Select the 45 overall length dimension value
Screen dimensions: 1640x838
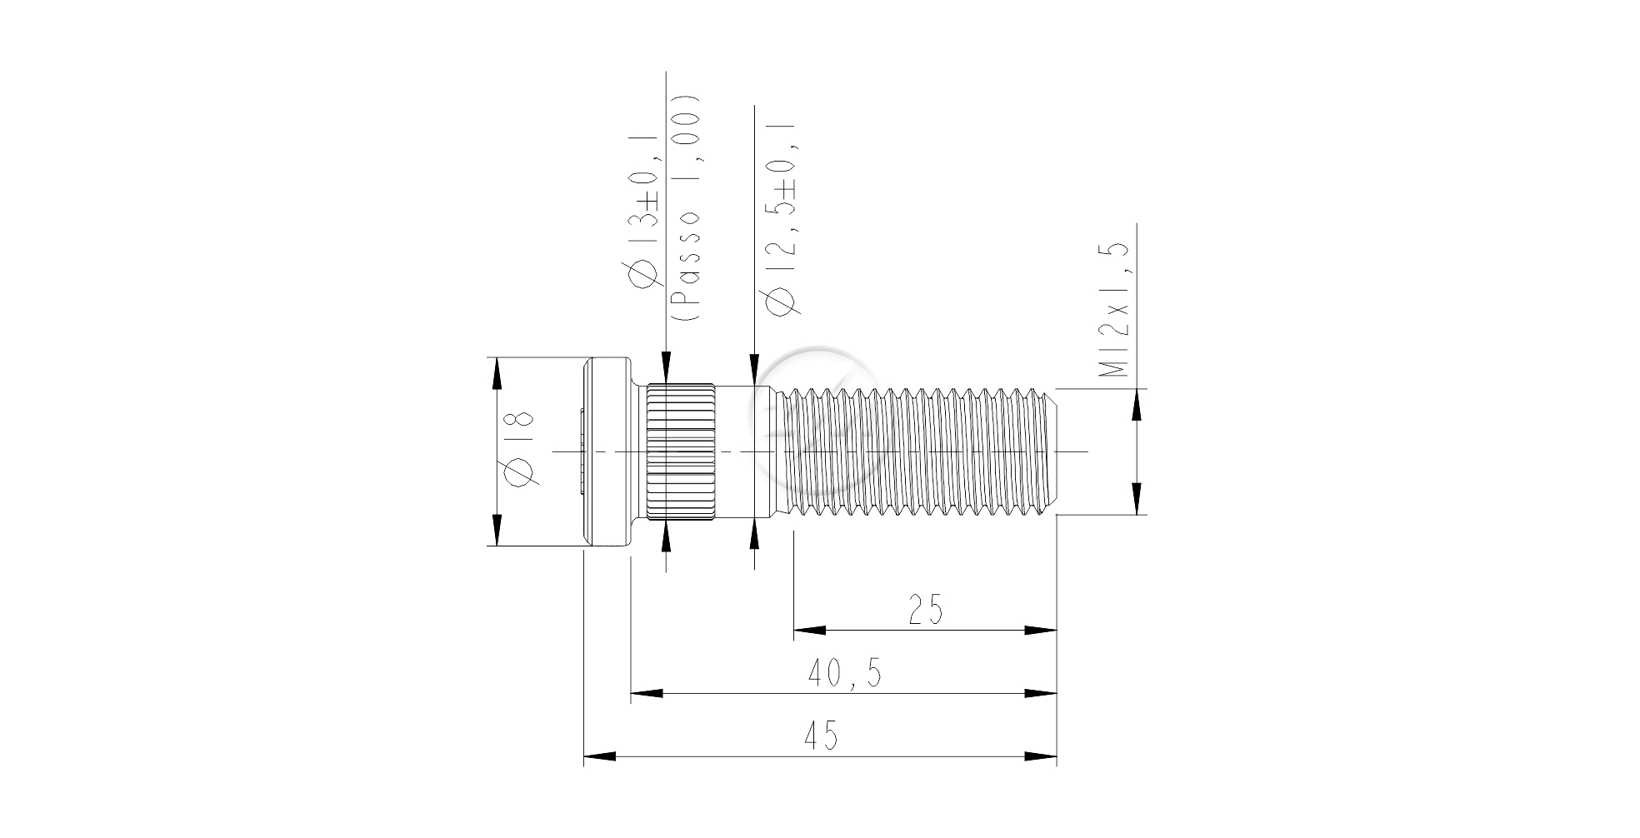[x=822, y=735]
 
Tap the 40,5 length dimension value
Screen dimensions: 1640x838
[x=844, y=672]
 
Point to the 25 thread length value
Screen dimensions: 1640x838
[x=925, y=610]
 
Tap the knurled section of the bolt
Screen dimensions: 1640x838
[x=681, y=451]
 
